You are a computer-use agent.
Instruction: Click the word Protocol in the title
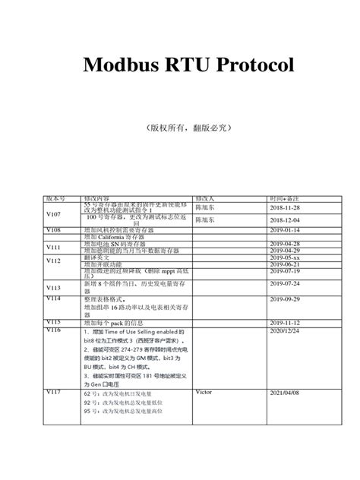251,65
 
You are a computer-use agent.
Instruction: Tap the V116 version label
53,331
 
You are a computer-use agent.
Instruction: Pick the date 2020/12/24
285,331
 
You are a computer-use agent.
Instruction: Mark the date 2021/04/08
285,392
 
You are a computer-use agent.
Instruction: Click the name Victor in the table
203,392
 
